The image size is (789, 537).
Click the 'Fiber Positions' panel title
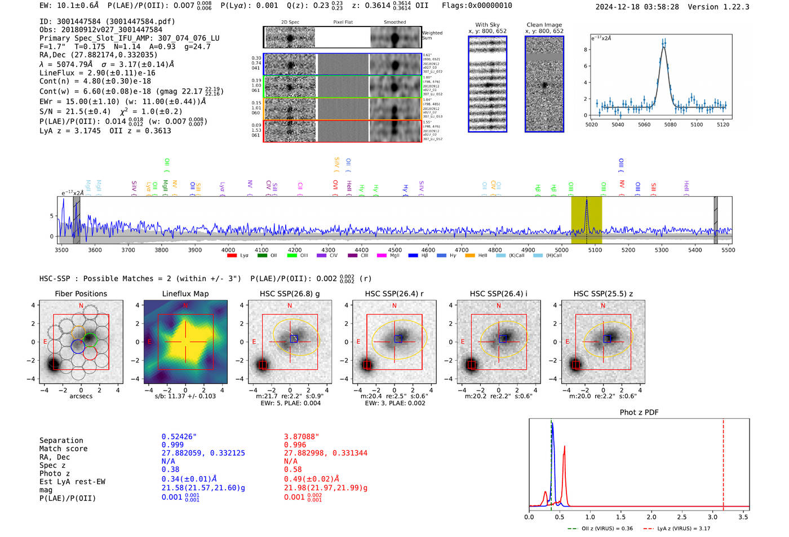point(81,294)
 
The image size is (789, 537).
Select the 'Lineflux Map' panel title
point(185,294)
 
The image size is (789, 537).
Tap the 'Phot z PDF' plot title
point(639,412)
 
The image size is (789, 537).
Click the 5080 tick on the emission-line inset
point(670,125)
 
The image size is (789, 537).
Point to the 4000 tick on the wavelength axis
point(228,250)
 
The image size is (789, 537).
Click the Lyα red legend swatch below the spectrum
point(232,256)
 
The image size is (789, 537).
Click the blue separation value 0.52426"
point(179,437)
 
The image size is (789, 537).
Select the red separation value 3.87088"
point(302,437)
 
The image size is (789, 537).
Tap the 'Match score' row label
point(64,449)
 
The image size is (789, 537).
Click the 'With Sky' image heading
point(487,25)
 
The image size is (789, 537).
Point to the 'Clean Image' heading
point(544,25)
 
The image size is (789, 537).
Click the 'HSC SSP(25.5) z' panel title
point(603,294)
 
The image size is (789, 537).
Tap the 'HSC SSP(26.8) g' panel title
point(290,294)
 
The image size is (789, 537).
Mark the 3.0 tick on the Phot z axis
point(713,517)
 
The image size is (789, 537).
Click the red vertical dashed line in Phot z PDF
point(723,462)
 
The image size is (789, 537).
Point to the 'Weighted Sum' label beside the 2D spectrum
point(432,35)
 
